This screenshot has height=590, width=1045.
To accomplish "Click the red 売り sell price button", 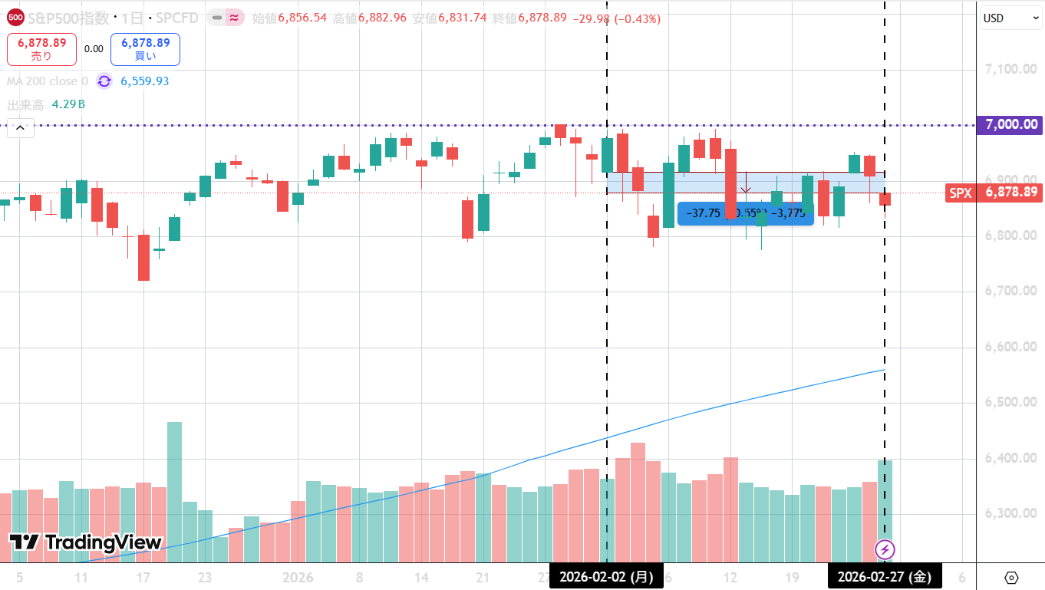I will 41,49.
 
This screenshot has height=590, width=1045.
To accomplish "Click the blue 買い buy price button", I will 145,49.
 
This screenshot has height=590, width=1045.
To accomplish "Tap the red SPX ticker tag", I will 960,193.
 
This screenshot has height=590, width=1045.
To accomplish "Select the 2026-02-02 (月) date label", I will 606,577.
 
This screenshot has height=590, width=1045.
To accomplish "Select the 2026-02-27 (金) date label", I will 885,577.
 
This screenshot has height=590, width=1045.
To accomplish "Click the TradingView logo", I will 85,542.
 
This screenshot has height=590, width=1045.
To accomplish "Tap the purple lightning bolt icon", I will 885,549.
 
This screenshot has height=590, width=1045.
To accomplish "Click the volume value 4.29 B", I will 68,104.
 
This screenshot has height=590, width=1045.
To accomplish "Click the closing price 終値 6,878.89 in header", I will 542,18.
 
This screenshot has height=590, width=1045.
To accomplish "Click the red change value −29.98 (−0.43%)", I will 616,18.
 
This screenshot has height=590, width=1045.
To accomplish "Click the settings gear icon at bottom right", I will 1010,577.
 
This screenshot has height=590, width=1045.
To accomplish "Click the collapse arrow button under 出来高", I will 20,129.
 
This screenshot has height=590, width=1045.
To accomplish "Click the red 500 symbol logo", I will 15,17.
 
